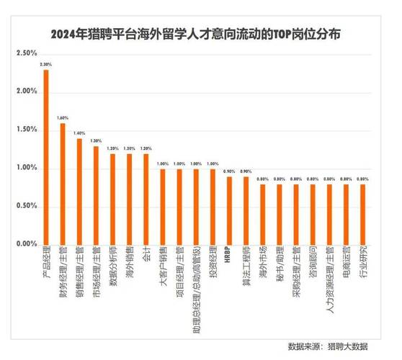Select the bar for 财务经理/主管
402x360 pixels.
point(63,184)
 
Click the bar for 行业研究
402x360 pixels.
point(362,214)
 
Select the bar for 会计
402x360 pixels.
point(146,199)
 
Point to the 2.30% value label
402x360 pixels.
point(46,65)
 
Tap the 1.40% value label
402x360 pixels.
point(79,133)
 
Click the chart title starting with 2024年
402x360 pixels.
point(200,34)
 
